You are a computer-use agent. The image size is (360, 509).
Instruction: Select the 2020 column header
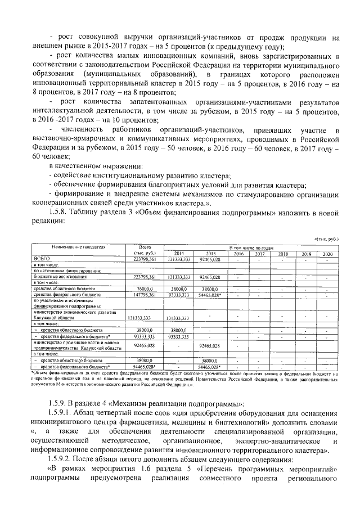tap(327, 253)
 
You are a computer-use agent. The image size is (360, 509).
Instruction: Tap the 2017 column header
tap(259, 253)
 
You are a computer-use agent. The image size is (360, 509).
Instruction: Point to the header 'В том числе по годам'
tap(252, 247)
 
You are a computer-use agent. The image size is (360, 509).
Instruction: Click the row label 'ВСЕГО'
tap(43, 259)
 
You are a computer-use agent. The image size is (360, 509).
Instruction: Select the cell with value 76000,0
tap(145, 288)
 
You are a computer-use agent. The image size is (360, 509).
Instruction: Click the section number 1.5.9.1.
tap(64, 413)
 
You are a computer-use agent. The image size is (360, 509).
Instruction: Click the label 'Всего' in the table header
tap(145, 247)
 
